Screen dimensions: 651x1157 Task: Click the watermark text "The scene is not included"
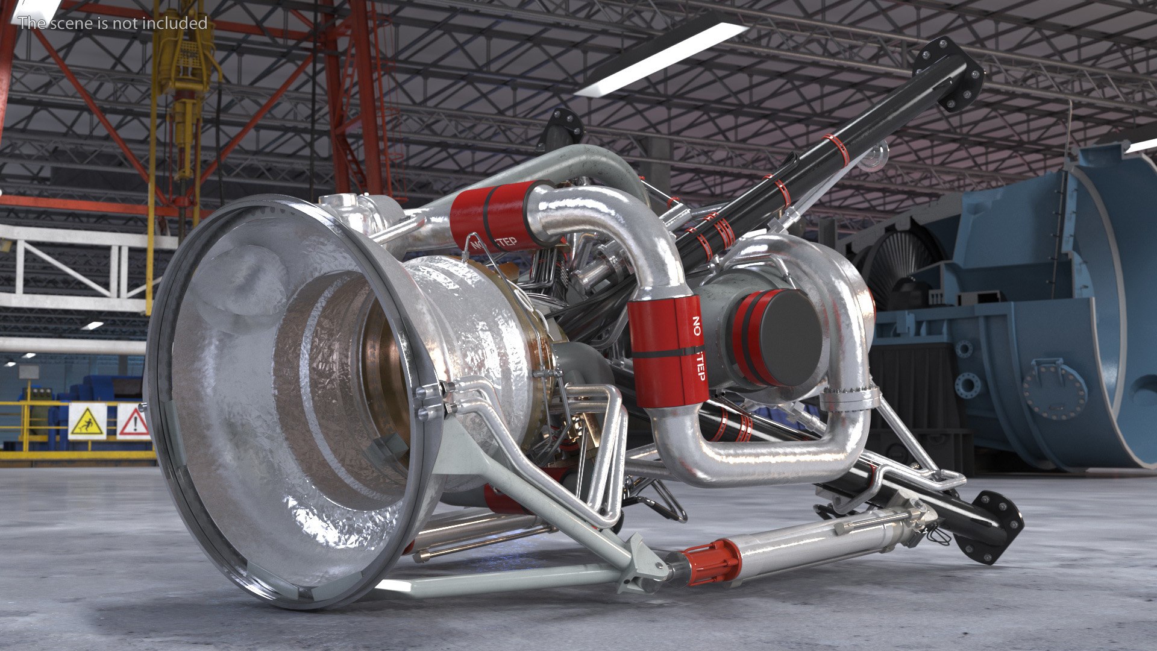coord(113,23)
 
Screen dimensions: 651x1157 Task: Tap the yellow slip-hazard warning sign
coord(87,421)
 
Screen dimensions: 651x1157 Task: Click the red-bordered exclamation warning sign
coord(133,421)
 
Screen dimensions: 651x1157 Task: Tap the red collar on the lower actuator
coord(711,562)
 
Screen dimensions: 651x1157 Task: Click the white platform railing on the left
coord(72,265)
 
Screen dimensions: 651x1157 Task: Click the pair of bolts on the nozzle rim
coord(429,401)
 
